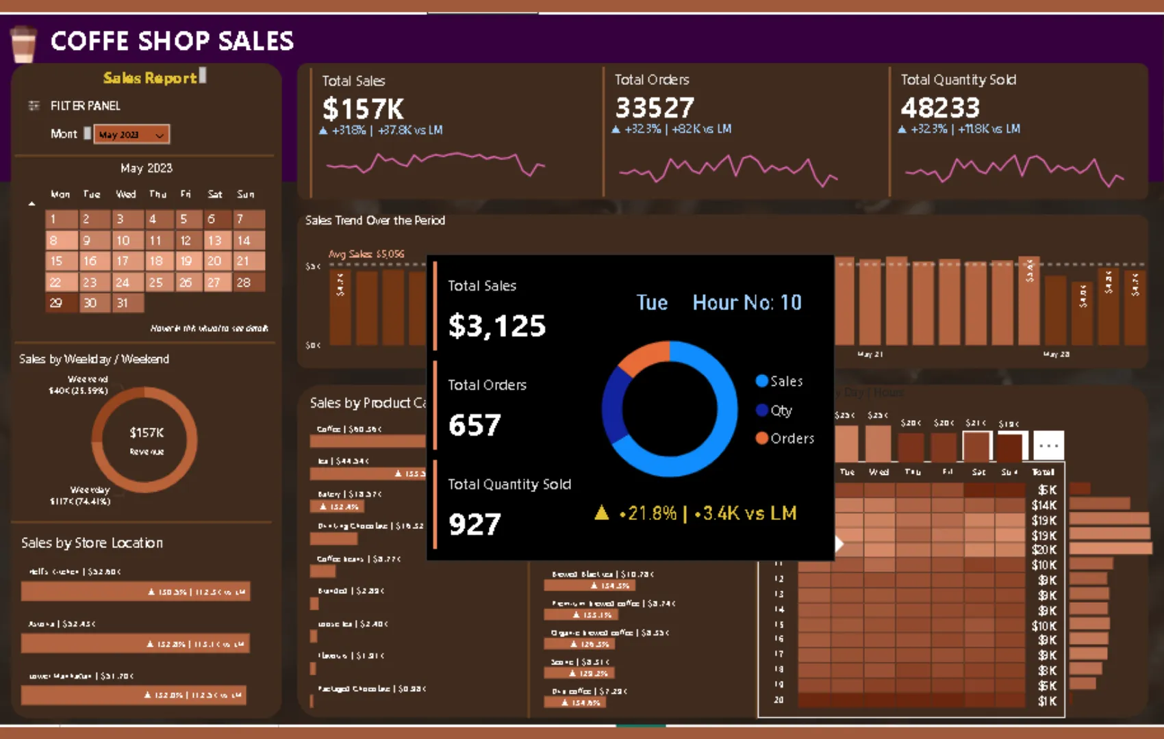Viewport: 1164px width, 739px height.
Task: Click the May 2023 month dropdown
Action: tap(131, 134)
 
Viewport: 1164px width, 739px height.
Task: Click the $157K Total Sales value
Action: tap(363, 109)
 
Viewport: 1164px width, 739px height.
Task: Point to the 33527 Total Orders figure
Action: tap(655, 107)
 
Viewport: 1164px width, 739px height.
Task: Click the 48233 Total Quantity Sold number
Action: tap(940, 107)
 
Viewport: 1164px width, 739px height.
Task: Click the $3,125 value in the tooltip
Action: tap(497, 326)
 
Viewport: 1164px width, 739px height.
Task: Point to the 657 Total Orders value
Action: tap(475, 425)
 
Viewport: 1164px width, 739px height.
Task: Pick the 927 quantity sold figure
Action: tap(475, 524)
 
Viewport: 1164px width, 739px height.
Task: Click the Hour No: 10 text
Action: tap(746, 302)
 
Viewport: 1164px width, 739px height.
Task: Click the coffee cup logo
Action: tap(23, 44)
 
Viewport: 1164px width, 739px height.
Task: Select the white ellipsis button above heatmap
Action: tap(1048, 445)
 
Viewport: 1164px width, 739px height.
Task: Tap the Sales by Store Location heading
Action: tap(92, 543)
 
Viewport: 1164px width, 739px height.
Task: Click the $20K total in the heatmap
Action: tap(1044, 549)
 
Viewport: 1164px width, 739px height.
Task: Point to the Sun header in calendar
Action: tap(245, 194)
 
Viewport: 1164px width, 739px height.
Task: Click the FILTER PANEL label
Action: tap(85, 105)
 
